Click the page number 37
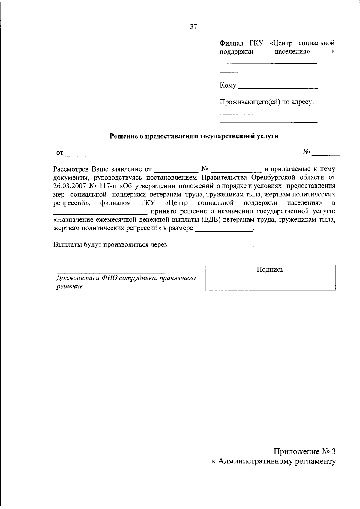[x=193, y=27]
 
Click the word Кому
[x=228, y=85]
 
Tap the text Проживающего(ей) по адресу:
[x=267, y=102]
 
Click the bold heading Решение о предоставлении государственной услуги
[x=194, y=136]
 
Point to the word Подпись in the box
[x=270, y=270]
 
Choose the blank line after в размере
[x=224, y=230]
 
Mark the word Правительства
[x=225, y=178]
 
